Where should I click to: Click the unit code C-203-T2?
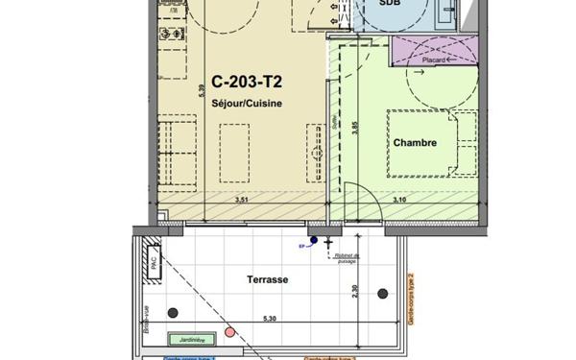pos(247,84)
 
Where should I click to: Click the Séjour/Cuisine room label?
pos(247,105)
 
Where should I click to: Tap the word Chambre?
pos(415,143)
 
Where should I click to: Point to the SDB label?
pos(390,4)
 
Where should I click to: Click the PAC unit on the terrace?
pos(153,261)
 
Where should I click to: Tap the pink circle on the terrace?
pos(229,332)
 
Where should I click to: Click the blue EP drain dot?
pos(313,240)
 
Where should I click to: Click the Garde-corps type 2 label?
pos(411,299)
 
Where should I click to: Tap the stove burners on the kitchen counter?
pos(173,32)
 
